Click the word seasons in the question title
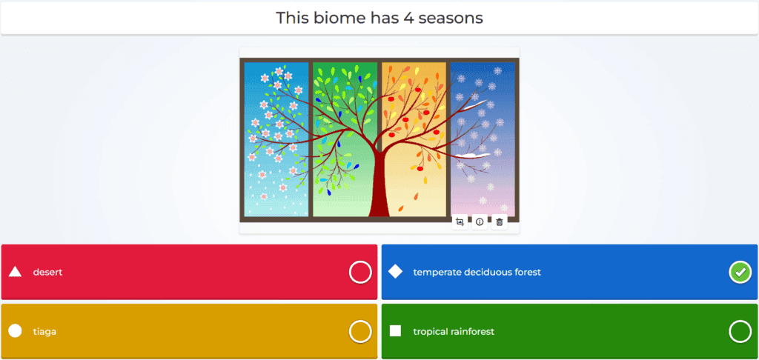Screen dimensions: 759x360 point(451,19)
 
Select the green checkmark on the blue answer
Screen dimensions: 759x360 point(740,273)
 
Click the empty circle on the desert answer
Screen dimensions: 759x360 point(360,273)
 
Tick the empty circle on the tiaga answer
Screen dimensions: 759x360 point(360,331)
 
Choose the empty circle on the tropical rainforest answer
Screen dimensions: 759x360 point(740,331)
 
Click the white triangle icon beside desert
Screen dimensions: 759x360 point(15,272)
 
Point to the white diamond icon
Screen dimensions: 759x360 point(396,272)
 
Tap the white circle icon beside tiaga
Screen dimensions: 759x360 point(15,331)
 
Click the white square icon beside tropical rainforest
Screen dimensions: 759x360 point(396,331)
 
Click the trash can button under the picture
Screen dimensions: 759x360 point(500,222)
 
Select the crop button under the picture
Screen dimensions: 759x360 point(460,222)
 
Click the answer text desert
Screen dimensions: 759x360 point(47,273)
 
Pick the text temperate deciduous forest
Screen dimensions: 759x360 point(477,273)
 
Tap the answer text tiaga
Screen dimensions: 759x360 point(44,331)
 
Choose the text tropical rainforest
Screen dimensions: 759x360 point(454,331)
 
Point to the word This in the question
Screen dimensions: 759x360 point(292,18)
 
